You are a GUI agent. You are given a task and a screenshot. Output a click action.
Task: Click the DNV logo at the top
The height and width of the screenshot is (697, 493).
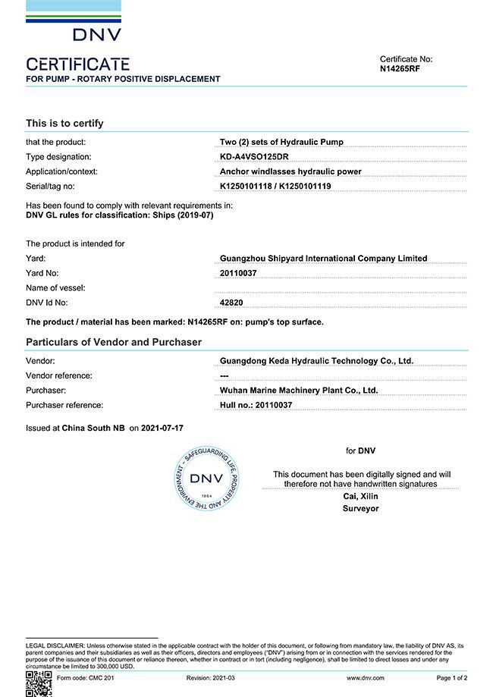click(96, 33)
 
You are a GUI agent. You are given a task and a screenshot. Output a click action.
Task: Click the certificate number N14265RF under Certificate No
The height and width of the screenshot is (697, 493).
click(400, 68)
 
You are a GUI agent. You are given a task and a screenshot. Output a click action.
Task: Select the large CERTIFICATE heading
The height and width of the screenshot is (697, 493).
click(77, 64)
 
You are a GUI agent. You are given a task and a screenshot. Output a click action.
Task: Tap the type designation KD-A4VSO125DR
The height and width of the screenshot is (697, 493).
click(254, 157)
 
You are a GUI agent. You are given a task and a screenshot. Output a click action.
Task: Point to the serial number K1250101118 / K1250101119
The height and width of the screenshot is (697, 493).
click(275, 186)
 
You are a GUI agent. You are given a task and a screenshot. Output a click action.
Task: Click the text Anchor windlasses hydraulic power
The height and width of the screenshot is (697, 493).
click(290, 171)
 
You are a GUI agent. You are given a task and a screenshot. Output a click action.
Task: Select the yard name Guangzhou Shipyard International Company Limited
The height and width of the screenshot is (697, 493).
click(323, 259)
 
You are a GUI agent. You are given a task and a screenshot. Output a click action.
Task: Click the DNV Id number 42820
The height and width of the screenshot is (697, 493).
click(231, 302)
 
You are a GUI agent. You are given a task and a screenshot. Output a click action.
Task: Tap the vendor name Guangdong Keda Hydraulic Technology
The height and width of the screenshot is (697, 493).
click(316, 361)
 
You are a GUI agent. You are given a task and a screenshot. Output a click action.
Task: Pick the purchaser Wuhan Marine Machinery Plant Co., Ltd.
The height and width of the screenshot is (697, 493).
click(299, 390)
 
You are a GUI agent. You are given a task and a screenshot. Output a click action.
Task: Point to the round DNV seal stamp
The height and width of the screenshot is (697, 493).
click(206, 479)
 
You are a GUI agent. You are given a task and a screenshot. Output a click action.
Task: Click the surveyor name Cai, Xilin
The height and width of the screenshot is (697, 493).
click(360, 496)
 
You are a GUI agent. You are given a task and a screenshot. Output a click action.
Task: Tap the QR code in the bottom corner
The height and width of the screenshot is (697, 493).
click(39, 683)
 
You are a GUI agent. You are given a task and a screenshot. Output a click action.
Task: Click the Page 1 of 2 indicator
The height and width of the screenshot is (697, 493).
click(452, 677)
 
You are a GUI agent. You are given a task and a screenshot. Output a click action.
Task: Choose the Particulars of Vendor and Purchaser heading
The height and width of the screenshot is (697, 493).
click(114, 342)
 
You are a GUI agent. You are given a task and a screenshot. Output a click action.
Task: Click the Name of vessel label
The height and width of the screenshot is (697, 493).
click(55, 287)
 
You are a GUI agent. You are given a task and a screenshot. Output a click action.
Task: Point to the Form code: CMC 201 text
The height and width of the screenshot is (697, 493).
click(86, 677)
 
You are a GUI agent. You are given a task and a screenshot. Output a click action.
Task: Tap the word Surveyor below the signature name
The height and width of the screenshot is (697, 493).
click(360, 508)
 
